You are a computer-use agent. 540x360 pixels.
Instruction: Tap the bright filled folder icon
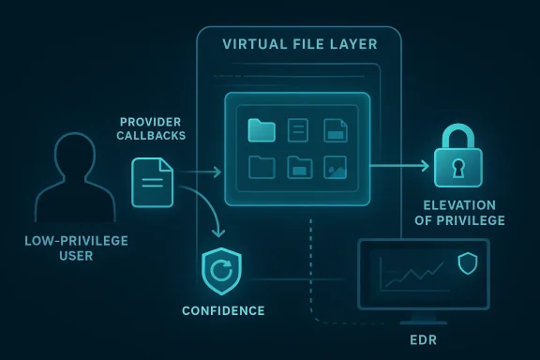click(x=261, y=130)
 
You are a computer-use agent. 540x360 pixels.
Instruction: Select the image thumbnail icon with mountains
click(x=335, y=167)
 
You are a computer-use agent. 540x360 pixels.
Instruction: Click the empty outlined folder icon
click(x=262, y=167)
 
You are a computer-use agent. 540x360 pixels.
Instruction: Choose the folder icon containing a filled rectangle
click(x=299, y=167)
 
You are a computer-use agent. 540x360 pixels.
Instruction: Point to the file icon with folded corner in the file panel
click(x=335, y=130)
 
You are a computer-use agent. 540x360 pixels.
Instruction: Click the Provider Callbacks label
click(x=152, y=129)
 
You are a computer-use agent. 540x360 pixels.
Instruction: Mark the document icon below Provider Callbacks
click(x=153, y=183)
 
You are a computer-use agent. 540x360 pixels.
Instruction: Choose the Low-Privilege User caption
click(x=76, y=247)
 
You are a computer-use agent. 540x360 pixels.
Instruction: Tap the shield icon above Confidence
click(x=222, y=272)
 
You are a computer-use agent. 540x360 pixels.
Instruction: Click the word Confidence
click(x=222, y=310)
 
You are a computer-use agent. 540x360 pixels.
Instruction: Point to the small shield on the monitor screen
click(x=467, y=263)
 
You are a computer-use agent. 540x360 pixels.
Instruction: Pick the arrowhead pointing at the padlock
click(x=425, y=166)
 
